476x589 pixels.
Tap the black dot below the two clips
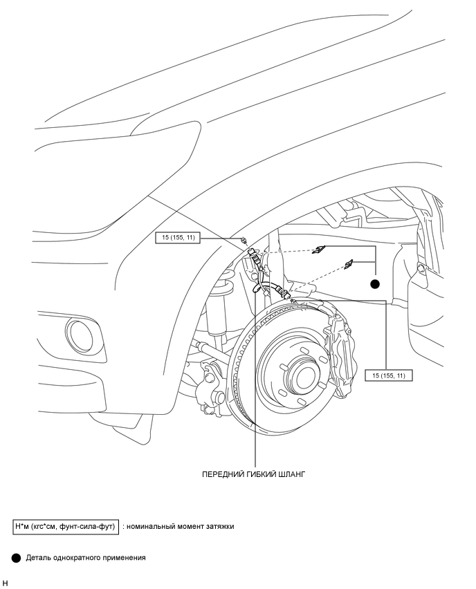pyautogui.click(x=375, y=284)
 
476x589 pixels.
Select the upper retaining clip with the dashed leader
pyautogui.click(x=318, y=250)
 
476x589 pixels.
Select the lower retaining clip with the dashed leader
pyautogui.click(x=348, y=264)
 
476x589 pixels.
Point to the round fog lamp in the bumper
pyautogui.click(x=82, y=335)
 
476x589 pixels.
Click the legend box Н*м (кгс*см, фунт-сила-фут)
pyautogui.click(x=66, y=527)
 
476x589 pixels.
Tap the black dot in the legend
pyautogui.click(x=16, y=558)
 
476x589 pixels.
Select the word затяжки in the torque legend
pyautogui.click(x=220, y=527)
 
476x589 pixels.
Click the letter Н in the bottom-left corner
pyautogui.click(x=4, y=583)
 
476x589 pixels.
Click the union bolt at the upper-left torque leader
pyautogui.click(x=244, y=240)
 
